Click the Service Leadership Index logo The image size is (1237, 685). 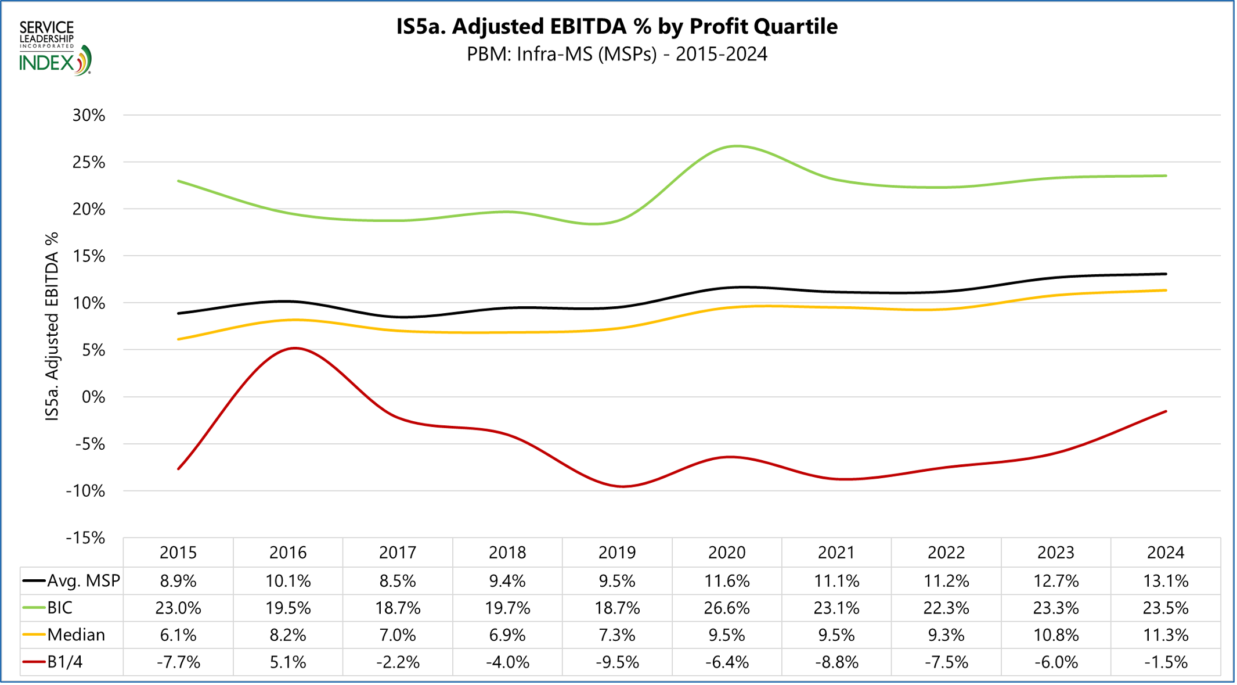(x=55, y=48)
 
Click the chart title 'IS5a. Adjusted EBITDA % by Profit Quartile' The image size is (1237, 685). (x=616, y=27)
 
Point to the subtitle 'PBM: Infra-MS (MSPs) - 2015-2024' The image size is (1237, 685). (x=616, y=54)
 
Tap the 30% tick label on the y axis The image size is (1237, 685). (x=89, y=115)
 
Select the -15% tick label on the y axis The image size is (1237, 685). (x=86, y=537)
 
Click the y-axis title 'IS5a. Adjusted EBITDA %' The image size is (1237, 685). (x=52, y=327)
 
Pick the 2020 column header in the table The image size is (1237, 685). (x=726, y=552)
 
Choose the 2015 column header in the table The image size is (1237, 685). (x=178, y=552)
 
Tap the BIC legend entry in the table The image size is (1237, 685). (x=60, y=608)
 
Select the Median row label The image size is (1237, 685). (x=76, y=634)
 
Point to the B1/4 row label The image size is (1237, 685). (x=64, y=662)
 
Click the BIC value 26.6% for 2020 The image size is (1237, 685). (x=726, y=608)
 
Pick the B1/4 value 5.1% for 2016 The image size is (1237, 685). (x=288, y=662)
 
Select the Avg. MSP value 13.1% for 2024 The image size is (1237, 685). (x=1165, y=580)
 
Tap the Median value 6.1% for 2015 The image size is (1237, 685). (x=178, y=634)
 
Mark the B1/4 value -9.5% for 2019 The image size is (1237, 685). (x=616, y=662)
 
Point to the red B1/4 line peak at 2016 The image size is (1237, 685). (x=295, y=348)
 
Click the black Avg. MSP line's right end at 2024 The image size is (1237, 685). (x=1165, y=274)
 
